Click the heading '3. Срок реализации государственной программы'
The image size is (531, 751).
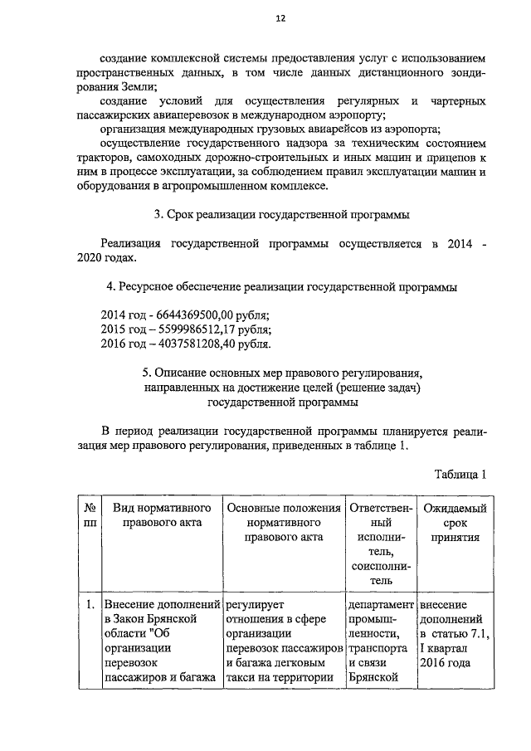click(282, 215)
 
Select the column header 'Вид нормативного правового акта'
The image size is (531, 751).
click(162, 515)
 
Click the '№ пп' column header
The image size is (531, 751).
click(89, 515)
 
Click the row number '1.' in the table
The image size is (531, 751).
click(89, 605)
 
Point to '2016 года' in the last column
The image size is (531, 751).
click(446, 661)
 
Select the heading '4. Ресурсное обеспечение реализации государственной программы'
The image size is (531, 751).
click(282, 287)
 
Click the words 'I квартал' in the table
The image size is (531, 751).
click(445, 648)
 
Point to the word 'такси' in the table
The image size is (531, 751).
click(241, 676)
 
